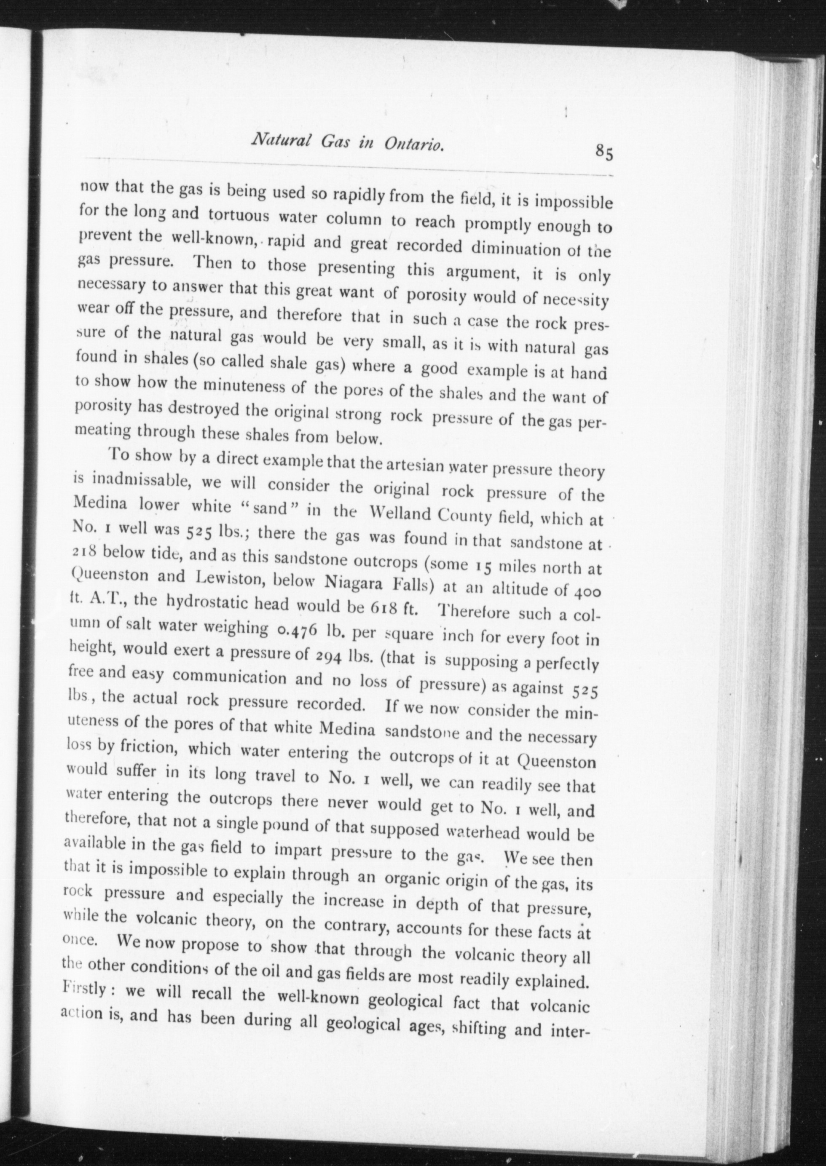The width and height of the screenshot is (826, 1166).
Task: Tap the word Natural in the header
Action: coord(275,141)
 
